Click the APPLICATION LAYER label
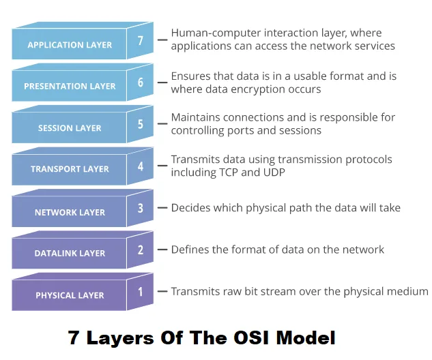[x=70, y=45]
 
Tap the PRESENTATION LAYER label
[x=70, y=86]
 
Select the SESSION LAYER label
[x=70, y=128]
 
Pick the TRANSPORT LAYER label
[x=70, y=168]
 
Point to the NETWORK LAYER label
[x=70, y=212]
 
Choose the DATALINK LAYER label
[x=70, y=253]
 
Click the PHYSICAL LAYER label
[x=70, y=295]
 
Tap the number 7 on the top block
[x=141, y=40]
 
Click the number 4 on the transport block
[x=141, y=166]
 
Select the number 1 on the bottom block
[x=141, y=292]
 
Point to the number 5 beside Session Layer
[x=141, y=124]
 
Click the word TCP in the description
[x=229, y=172]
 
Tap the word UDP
[x=274, y=172]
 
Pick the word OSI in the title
[x=251, y=337]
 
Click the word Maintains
[x=196, y=117]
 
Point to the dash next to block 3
[x=162, y=208]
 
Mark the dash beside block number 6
[x=162, y=82]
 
